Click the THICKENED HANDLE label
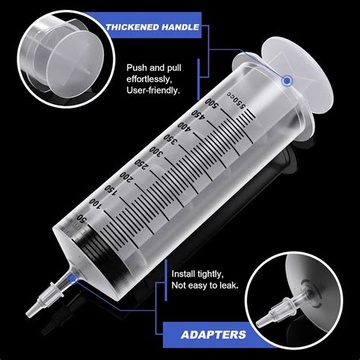click(x=153, y=28)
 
